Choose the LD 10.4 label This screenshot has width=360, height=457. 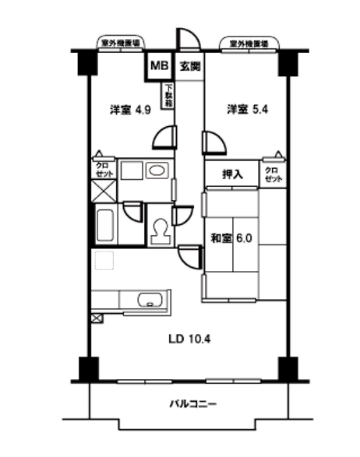click(188, 339)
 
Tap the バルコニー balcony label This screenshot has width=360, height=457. click(193, 404)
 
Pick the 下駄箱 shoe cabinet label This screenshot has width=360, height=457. click(168, 95)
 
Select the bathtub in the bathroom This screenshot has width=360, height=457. click(105, 225)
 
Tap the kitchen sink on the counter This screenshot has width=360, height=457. click(149, 300)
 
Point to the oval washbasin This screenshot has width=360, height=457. click(156, 170)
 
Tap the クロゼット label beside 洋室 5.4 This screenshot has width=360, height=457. click(272, 174)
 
